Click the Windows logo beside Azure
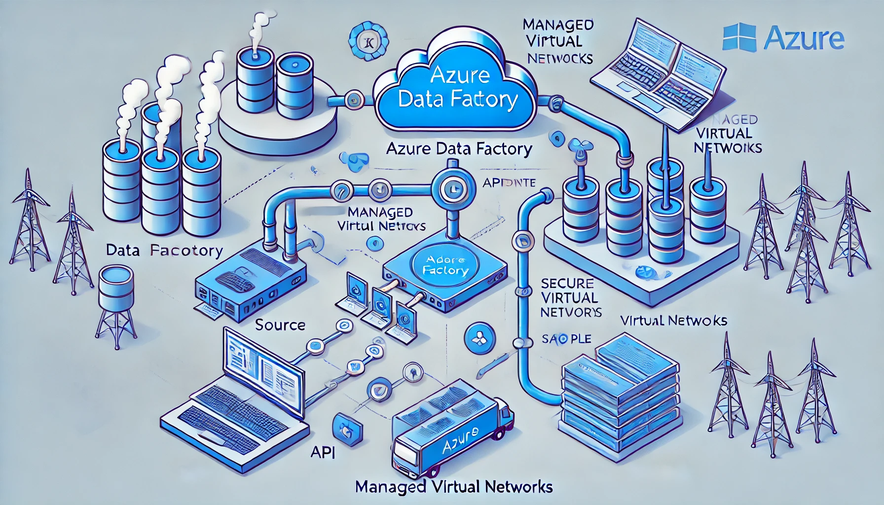click(739, 37)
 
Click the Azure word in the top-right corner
click(804, 38)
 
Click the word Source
click(280, 325)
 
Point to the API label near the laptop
click(323, 452)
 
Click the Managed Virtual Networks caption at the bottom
click(453, 487)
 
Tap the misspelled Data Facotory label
click(165, 251)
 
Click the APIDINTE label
click(509, 182)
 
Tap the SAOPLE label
click(566, 339)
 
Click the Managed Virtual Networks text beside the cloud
click(558, 41)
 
